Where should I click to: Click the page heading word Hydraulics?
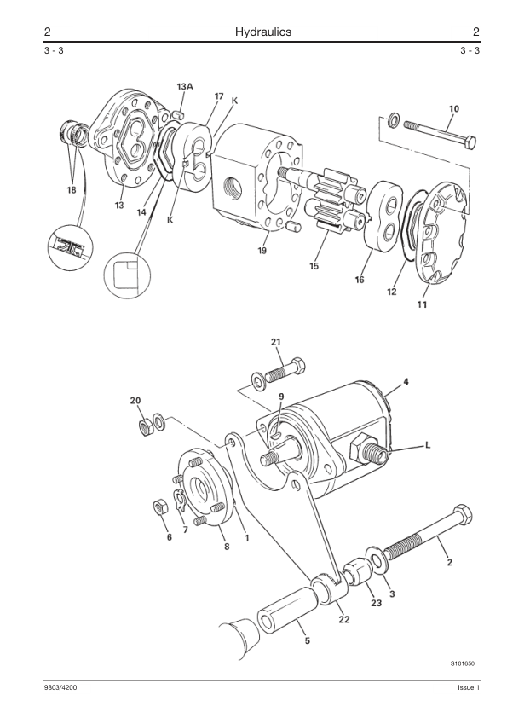(x=263, y=32)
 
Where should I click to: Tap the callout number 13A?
(x=185, y=86)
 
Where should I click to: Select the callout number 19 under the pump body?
(x=262, y=251)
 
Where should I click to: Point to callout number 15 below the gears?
(x=314, y=266)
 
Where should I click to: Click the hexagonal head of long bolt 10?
(x=470, y=142)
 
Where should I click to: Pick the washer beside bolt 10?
(x=394, y=120)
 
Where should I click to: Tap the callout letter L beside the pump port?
(x=428, y=444)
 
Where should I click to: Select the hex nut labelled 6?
(x=159, y=507)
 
